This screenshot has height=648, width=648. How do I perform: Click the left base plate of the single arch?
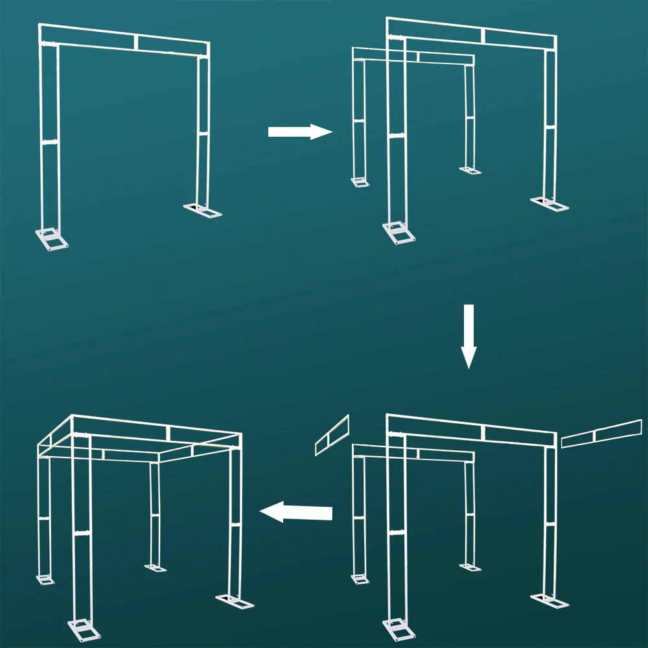tap(52, 238)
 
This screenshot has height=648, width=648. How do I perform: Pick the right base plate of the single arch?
tap(203, 211)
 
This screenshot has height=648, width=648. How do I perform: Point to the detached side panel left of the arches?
tap(332, 435)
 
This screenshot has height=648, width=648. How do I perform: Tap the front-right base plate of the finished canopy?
tap(235, 602)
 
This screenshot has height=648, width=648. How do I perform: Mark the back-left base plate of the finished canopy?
tap(45, 579)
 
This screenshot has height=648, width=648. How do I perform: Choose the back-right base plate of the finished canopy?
tap(156, 568)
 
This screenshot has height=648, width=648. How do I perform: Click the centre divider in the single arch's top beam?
tap(136, 42)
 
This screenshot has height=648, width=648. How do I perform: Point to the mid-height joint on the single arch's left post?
tap(50, 141)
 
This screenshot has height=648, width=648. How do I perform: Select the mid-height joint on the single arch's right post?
tap(203, 133)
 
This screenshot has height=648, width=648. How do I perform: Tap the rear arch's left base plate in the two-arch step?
tap(360, 182)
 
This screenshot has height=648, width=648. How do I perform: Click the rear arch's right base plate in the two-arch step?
tap(470, 170)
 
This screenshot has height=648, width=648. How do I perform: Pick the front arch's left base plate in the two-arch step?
tap(399, 232)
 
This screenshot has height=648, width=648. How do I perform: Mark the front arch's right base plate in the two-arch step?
tap(550, 204)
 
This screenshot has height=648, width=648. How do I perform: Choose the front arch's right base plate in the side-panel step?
tap(550, 601)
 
